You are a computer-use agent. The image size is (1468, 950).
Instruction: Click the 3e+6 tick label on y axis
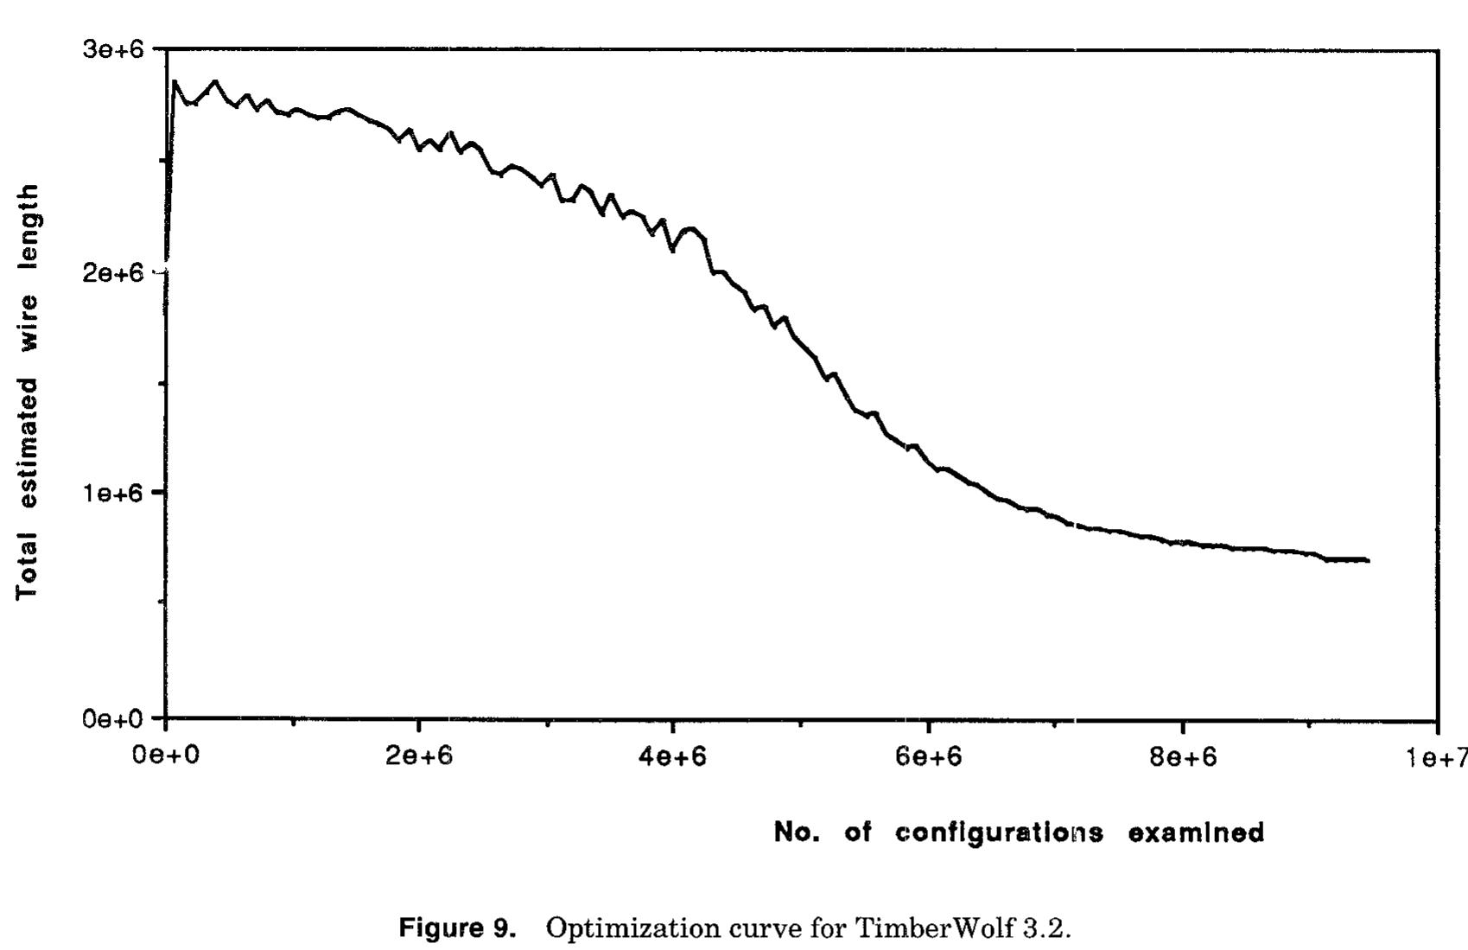[x=112, y=49]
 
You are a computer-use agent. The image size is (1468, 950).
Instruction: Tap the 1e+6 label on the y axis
[x=112, y=493]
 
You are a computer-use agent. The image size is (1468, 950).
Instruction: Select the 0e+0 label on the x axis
[x=165, y=756]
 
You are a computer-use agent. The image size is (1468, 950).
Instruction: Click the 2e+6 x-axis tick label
[x=419, y=756]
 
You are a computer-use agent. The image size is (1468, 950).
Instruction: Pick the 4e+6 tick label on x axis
[x=674, y=756]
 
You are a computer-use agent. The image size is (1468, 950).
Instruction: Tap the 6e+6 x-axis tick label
[x=928, y=756]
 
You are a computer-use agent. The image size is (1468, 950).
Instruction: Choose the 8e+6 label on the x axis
[x=1183, y=756]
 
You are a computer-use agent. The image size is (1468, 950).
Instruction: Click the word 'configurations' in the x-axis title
[x=1000, y=833]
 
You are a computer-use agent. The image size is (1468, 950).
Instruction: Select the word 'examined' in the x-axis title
[x=1196, y=832]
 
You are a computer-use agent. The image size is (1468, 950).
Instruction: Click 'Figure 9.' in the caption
[x=457, y=928]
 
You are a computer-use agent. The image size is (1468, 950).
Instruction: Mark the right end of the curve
[x=1369, y=560]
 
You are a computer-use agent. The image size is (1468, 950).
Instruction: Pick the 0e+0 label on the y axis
[x=112, y=719]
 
